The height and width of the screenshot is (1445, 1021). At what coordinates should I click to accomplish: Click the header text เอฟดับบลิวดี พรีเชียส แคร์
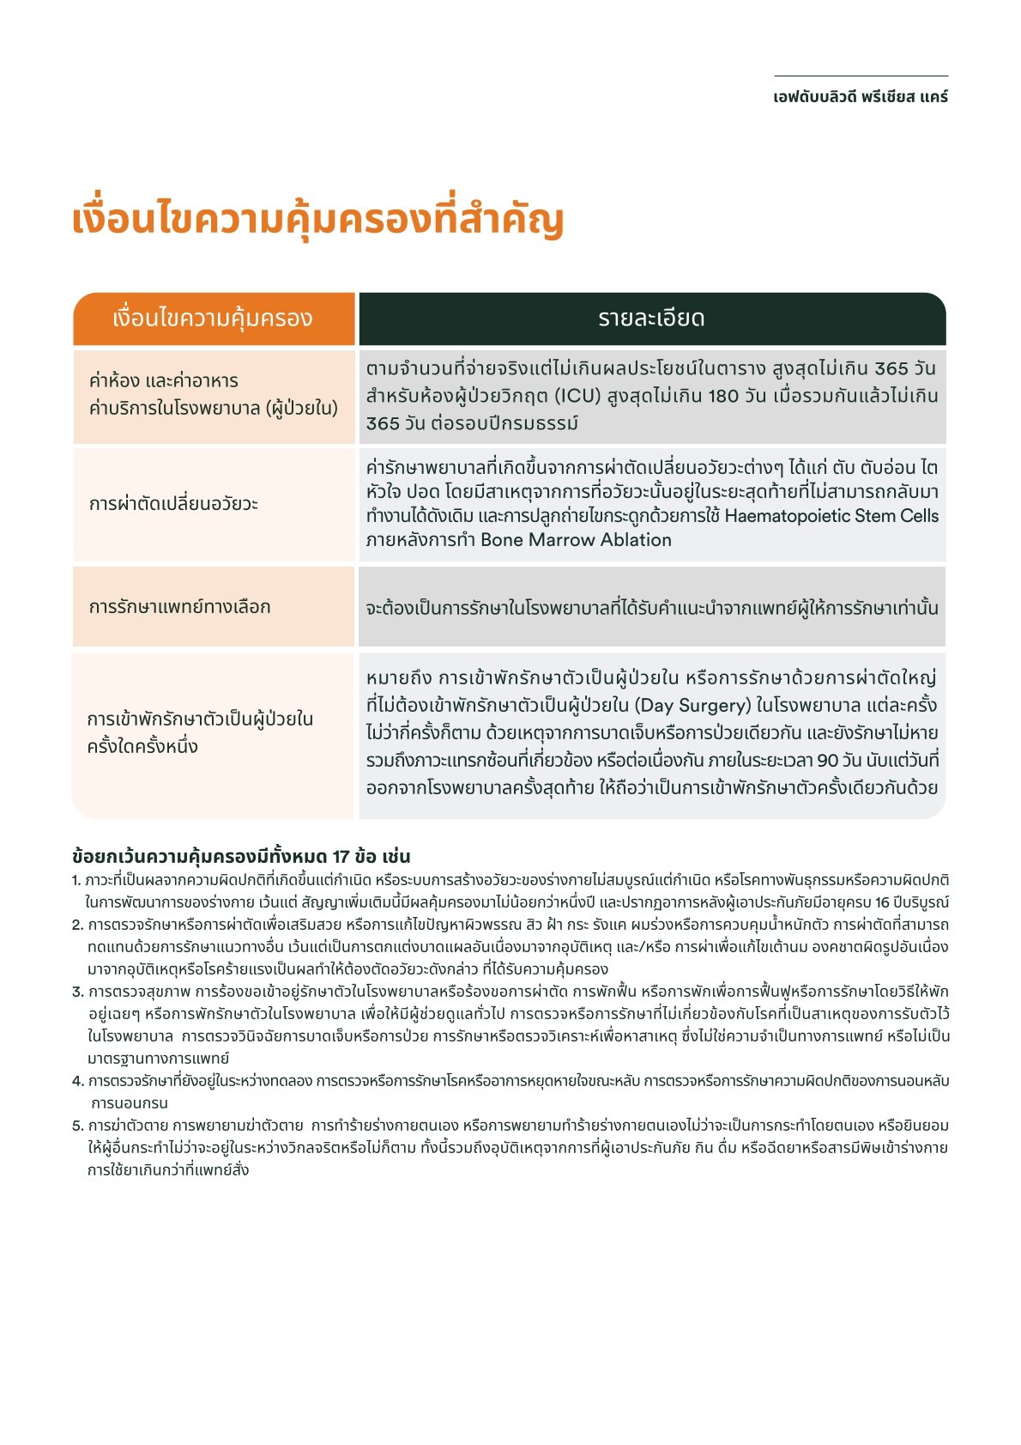click(x=861, y=97)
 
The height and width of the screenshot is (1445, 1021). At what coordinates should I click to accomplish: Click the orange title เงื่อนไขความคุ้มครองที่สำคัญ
click(x=317, y=220)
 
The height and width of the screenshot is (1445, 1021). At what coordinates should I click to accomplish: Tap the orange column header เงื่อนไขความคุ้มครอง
click(x=213, y=319)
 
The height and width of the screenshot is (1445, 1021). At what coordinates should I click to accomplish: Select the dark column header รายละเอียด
click(x=651, y=319)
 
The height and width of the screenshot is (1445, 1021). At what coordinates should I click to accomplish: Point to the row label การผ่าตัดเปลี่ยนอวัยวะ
click(x=173, y=503)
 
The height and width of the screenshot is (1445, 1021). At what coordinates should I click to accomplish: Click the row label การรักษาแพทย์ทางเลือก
click(x=179, y=607)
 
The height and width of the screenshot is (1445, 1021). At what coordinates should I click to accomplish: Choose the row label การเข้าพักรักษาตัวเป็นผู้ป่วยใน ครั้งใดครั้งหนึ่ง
click(x=200, y=732)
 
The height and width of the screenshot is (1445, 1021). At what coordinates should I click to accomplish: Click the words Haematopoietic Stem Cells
click(x=831, y=516)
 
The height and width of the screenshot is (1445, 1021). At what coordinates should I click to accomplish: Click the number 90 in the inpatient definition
click(x=827, y=761)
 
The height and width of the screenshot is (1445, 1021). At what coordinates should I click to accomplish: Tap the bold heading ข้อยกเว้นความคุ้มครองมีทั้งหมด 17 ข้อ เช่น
click(x=241, y=856)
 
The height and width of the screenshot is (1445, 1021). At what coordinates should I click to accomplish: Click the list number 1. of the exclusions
click(x=76, y=880)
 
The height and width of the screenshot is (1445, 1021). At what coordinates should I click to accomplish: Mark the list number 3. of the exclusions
click(x=77, y=992)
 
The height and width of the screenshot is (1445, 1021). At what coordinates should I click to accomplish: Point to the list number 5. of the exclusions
click(x=77, y=1126)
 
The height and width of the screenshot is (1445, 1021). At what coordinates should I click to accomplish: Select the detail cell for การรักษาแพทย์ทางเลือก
click(x=651, y=608)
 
